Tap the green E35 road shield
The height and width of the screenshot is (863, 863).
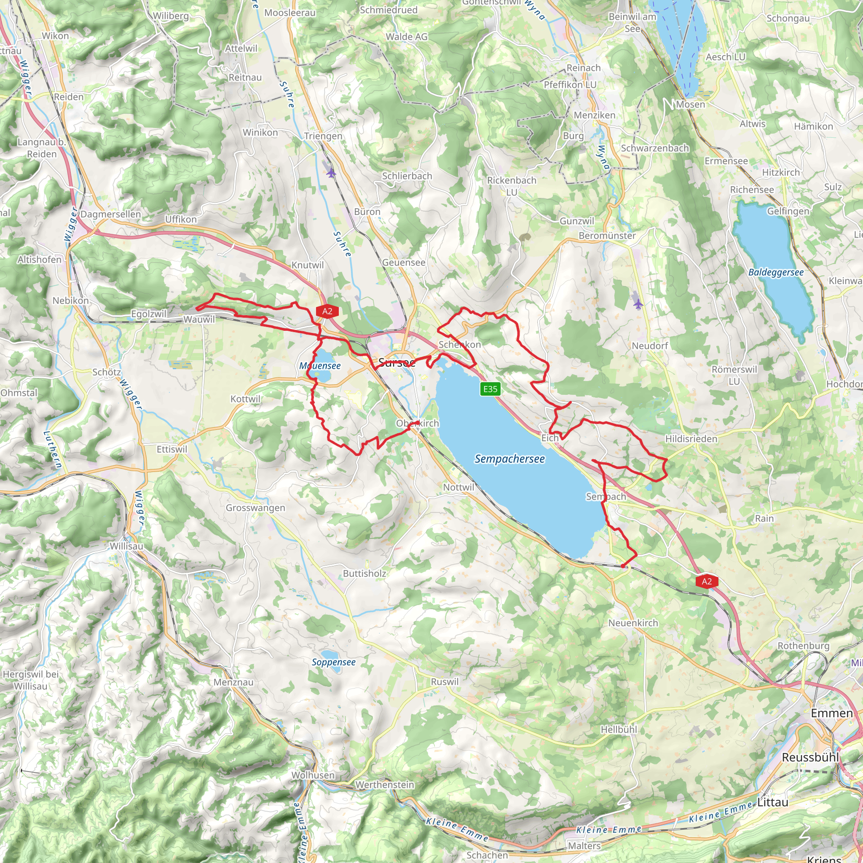490,389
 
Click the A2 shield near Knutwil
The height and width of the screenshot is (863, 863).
327,311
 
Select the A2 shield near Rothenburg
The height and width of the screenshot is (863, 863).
707,581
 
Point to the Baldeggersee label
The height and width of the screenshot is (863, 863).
776,273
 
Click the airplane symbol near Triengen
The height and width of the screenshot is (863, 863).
331,172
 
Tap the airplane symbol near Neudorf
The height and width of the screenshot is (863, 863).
638,304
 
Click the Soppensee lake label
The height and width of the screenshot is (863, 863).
334,662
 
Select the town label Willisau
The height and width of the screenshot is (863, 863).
127,546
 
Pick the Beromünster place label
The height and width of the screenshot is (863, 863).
607,236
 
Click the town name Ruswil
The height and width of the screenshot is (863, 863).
445,682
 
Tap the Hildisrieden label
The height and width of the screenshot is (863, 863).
691,439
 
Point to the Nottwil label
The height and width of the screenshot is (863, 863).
458,488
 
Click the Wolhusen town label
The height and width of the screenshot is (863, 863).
313,775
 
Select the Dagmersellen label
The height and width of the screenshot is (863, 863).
110,214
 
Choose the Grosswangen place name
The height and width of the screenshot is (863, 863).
255,508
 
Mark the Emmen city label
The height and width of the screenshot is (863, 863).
831,713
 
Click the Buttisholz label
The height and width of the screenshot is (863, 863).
364,574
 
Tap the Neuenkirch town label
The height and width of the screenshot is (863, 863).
633,623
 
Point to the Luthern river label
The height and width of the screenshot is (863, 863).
52,449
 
